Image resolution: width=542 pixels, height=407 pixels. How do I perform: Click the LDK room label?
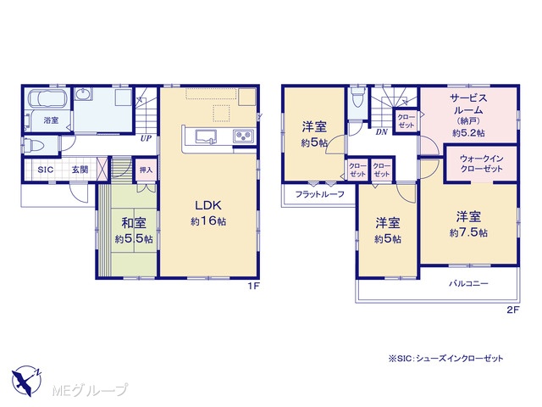(x=207, y=205)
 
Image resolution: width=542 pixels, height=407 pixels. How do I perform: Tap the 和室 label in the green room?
(x=134, y=223)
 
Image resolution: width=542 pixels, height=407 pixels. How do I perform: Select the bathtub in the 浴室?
(x=47, y=98)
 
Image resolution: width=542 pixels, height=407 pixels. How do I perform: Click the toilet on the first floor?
(x=33, y=145)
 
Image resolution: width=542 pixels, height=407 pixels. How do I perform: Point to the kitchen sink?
(x=206, y=137)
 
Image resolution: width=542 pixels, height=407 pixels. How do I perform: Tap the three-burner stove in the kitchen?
(x=244, y=136)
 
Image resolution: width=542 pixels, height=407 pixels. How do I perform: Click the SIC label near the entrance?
(x=45, y=170)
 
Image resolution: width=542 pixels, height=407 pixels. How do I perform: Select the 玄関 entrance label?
(x=80, y=170)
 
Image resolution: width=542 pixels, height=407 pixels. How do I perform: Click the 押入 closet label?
(x=146, y=170)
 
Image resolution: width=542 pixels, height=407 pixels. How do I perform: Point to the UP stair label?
(x=146, y=138)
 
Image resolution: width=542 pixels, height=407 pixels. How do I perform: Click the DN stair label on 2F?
(x=382, y=132)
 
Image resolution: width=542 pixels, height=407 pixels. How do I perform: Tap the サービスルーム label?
(x=468, y=104)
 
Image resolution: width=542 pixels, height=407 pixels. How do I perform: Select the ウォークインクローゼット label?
(x=482, y=164)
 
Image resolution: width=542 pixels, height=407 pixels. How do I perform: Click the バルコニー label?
(x=468, y=284)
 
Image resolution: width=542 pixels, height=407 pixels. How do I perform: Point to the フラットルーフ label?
(x=320, y=194)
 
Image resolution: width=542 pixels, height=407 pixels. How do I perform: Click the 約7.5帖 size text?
(x=468, y=232)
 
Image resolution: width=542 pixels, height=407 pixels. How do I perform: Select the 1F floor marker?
(x=253, y=287)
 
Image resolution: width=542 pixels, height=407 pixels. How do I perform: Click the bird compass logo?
(x=26, y=381)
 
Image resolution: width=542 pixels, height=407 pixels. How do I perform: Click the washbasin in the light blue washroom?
(x=83, y=94)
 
